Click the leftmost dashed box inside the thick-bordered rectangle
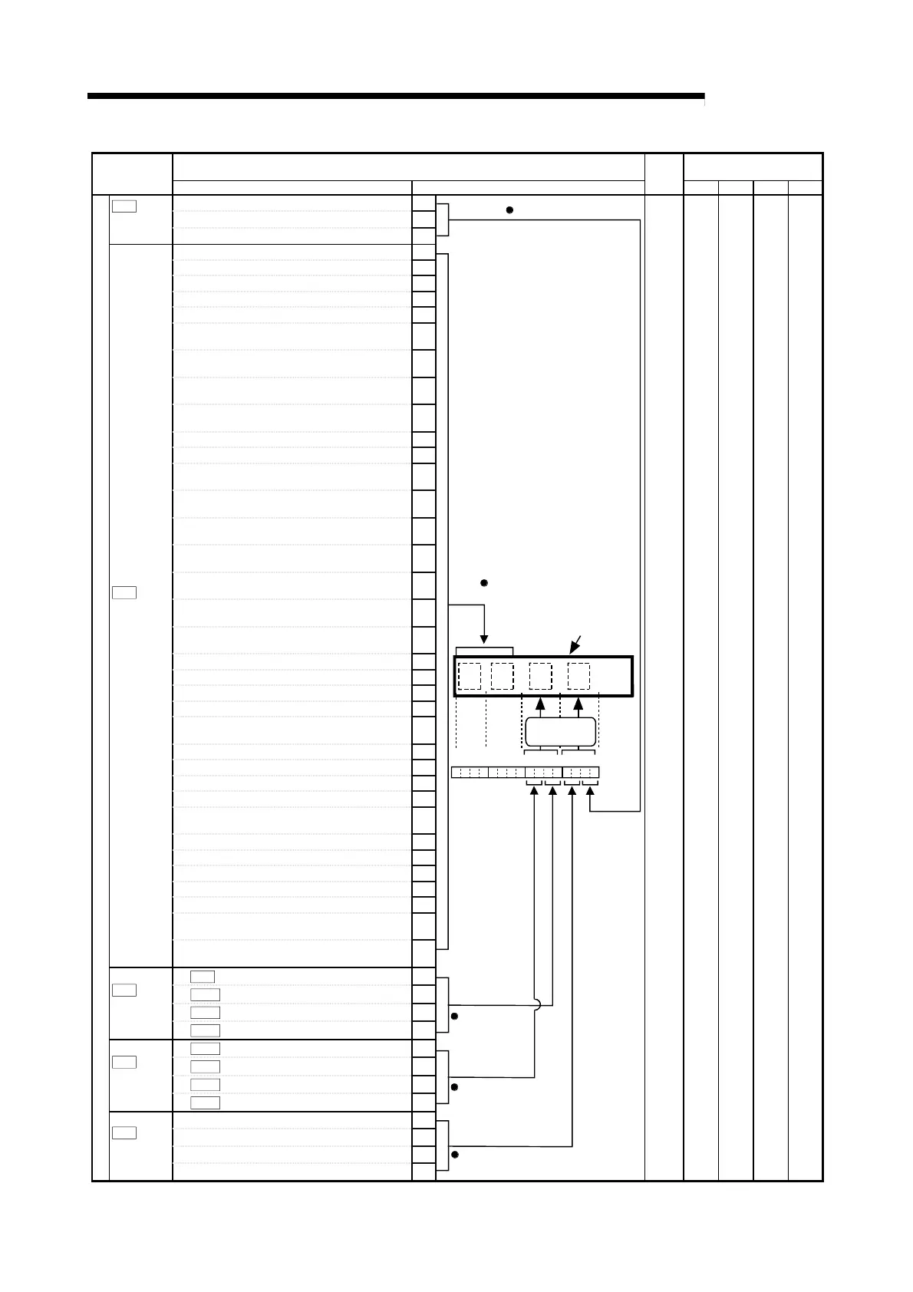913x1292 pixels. tap(470, 677)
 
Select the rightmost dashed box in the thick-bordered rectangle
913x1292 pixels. tap(578, 677)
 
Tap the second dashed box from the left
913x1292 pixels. tap(502, 677)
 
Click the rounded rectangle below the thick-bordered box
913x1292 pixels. tap(560, 733)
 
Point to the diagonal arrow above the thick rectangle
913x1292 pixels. tap(576, 644)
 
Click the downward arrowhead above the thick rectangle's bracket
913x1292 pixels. tap(484, 639)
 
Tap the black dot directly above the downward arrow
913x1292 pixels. tap(484, 583)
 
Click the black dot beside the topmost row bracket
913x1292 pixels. tap(509, 209)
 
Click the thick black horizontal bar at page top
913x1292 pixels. tap(395, 97)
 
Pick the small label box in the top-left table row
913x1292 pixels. tap(124, 206)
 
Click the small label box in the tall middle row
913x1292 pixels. tap(124, 592)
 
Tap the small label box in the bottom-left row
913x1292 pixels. tap(124, 1132)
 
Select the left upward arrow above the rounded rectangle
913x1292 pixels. tap(540, 704)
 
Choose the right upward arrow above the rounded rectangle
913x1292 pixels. tap(578, 704)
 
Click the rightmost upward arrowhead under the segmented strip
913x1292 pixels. tap(590, 794)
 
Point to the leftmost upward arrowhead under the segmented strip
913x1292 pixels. tap(534, 794)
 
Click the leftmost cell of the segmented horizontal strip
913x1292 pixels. tap(456, 772)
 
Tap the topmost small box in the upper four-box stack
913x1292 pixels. tap(203, 977)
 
